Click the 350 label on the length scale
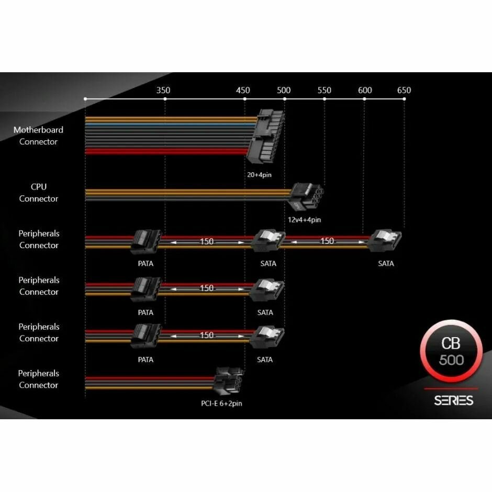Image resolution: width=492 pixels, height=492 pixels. click(x=163, y=90)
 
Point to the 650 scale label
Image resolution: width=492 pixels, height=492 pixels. click(x=404, y=90)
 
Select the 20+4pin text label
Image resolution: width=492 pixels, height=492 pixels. click(x=259, y=174)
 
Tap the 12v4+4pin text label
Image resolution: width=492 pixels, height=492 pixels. click(x=304, y=220)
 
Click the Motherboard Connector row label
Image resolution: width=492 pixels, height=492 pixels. click(x=38, y=136)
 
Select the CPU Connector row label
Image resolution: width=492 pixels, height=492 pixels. click(x=38, y=193)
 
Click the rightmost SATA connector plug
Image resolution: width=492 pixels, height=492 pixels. click(x=385, y=242)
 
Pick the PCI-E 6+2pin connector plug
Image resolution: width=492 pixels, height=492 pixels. click(x=228, y=384)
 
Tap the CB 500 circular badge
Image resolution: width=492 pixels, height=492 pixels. click(x=451, y=351)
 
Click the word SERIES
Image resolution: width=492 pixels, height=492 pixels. click(x=453, y=400)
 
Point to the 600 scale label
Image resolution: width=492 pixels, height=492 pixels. click(x=365, y=90)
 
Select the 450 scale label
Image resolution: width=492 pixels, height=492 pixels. click(x=243, y=90)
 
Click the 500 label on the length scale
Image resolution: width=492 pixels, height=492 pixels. click(x=284, y=90)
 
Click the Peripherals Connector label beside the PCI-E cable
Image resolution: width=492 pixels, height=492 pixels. click(x=38, y=379)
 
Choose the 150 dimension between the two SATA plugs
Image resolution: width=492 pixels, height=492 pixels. click(x=327, y=241)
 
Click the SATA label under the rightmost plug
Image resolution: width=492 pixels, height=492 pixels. click(x=386, y=264)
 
